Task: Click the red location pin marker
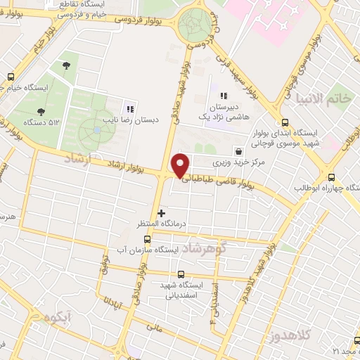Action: (181, 165)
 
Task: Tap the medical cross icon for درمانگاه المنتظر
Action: (162, 212)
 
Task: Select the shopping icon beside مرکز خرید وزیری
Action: (238, 150)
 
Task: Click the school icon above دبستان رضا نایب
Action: (129, 109)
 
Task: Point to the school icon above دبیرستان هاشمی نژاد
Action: (224, 96)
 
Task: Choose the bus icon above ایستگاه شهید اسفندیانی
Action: (182, 275)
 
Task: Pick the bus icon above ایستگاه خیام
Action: (11, 77)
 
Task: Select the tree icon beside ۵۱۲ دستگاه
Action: (41, 111)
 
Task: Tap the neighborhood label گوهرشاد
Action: (205, 249)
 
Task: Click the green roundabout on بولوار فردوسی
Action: (194, 25)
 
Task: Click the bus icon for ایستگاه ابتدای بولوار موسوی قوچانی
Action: (284, 122)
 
